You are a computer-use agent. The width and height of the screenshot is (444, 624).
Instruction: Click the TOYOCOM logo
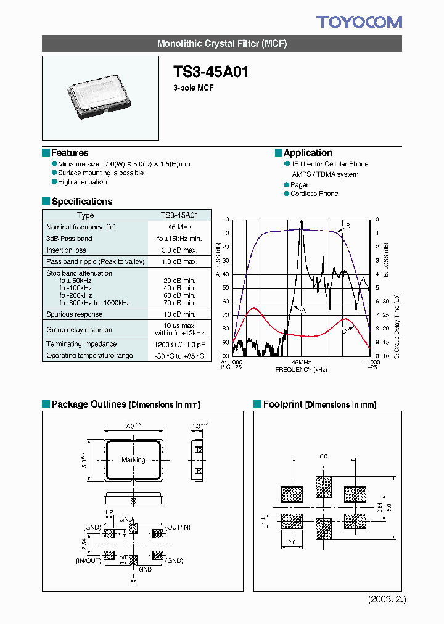(359, 23)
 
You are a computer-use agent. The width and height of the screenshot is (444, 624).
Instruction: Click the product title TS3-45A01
(211, 72)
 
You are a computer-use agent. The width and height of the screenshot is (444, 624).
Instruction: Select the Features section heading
(69, 153)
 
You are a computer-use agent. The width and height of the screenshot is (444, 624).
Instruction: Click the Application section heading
(308, 153)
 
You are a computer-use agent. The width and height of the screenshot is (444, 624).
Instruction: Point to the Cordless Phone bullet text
(314, 194)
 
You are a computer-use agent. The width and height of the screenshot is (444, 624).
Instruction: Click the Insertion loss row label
(66, 250)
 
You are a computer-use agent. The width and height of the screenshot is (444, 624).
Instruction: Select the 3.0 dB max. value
(179, 250)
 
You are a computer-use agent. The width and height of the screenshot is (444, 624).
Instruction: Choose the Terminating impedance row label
(81, 344)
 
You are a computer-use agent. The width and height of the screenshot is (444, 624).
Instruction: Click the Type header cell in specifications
(86, 215)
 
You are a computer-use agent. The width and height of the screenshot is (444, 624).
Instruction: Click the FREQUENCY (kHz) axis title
(301, 369)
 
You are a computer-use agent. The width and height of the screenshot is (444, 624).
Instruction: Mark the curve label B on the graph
(348, 226)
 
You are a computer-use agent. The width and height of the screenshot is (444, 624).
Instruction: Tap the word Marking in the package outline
(133, 459)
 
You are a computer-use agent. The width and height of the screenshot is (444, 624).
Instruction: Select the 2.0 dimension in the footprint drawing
(292, 542)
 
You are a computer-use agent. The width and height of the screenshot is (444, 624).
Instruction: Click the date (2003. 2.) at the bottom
(387, 599)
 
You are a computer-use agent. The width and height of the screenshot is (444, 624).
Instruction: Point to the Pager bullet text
(300, 184)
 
